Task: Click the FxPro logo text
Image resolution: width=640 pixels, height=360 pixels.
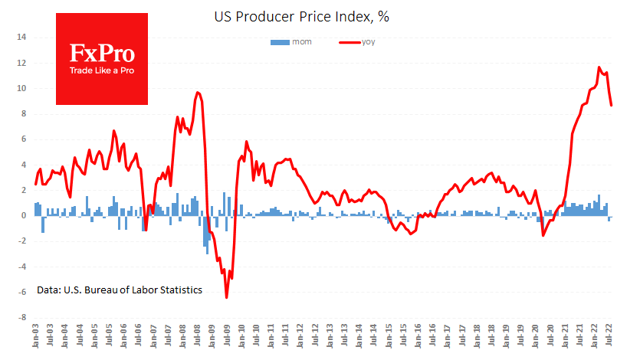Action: click(102, 54)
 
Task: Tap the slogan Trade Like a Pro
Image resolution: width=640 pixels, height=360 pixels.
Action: click(102, 71)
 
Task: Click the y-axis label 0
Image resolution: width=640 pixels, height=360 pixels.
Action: click(24, 215)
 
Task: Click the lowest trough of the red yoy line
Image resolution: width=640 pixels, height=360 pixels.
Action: click(227, 297)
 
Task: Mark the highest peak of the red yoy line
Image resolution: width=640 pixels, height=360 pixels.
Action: click(599, 67)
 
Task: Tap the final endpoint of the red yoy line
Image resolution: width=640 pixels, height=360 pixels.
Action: click(612, 106)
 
